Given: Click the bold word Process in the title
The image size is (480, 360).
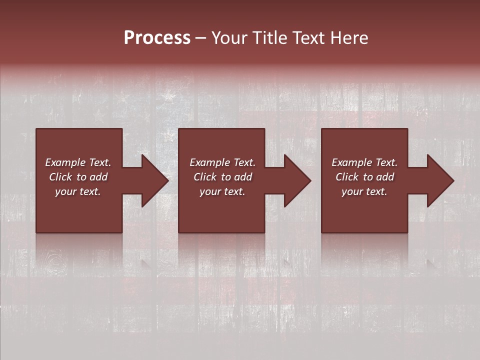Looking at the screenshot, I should click(157, 38).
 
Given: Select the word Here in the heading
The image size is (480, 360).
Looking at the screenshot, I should click(350, 38).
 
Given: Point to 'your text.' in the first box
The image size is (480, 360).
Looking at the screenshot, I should click(78, 191).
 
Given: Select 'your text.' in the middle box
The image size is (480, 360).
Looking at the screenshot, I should click(222, 191).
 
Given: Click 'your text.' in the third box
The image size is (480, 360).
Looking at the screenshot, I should click(364, 191).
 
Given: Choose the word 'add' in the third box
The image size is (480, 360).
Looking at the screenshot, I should click(385, 177).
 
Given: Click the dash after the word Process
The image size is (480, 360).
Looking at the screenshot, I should click(201, 38).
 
